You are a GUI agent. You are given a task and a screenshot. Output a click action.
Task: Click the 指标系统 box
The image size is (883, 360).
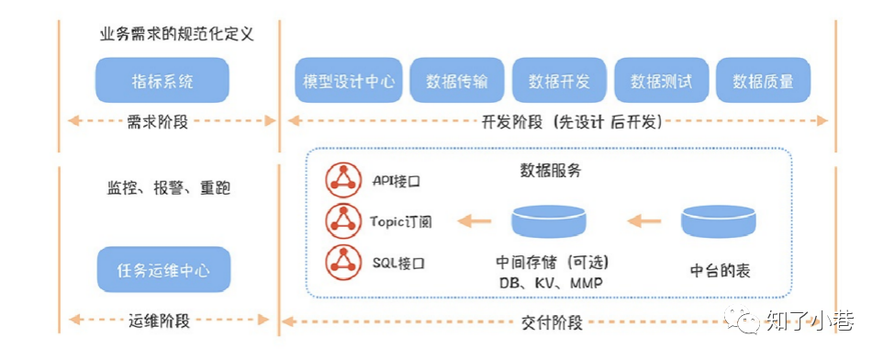pos(162,80)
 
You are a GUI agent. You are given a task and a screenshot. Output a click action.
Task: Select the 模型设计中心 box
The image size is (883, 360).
pos(349,80)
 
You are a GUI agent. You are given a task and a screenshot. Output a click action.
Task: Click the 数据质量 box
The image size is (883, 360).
pos(763,80)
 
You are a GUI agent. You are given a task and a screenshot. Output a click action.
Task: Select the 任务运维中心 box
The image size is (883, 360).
pos(163,269)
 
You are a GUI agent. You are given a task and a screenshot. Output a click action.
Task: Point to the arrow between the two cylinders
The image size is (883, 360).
pos(643,220)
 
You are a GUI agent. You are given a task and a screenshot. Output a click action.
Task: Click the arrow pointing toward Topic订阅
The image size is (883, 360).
pos(475,220)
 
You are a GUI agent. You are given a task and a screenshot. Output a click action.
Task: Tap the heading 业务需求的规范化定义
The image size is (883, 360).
pos(176,34)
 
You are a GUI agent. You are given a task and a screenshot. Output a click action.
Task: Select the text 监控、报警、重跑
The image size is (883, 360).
pos(168,188)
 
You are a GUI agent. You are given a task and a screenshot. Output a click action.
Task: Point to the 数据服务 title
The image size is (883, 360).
pos(550,171)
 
